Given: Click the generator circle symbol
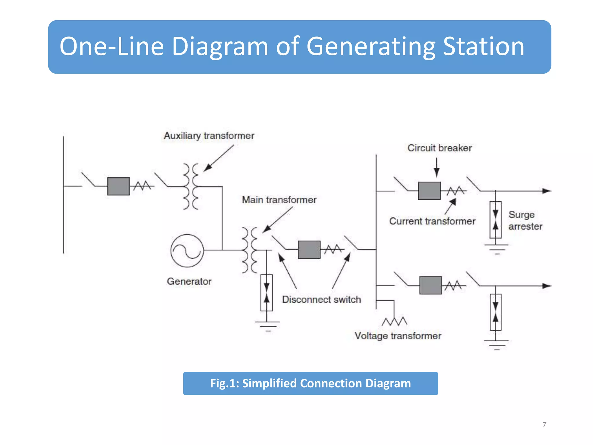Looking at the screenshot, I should point(187,251).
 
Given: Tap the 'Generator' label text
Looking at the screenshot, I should point(189,281).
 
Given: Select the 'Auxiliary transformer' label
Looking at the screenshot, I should point(209,136).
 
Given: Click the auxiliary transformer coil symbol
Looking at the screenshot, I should point(191,186).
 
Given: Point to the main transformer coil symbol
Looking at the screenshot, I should point(250,250).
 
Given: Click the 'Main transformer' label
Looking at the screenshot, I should point(279,200).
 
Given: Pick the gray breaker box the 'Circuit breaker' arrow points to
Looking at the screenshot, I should point(429,191).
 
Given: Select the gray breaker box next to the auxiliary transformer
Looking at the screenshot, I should point(118,186).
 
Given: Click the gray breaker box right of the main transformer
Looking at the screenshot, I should point(309,249).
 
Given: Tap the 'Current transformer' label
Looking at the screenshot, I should point(432,221).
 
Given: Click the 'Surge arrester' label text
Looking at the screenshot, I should point(525,220).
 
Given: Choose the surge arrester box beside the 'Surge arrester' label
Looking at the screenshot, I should point(495,220).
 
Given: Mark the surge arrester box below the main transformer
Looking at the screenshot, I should point(266,293).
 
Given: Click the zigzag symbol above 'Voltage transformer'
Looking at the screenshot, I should point(394,321).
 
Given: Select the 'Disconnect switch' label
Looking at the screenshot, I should point(321,299).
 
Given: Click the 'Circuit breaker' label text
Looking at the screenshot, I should point(440,148).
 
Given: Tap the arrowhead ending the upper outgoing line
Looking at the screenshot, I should point(547,191).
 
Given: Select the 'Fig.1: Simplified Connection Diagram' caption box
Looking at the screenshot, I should point(310,383).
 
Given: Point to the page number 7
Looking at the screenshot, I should point(544,424).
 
